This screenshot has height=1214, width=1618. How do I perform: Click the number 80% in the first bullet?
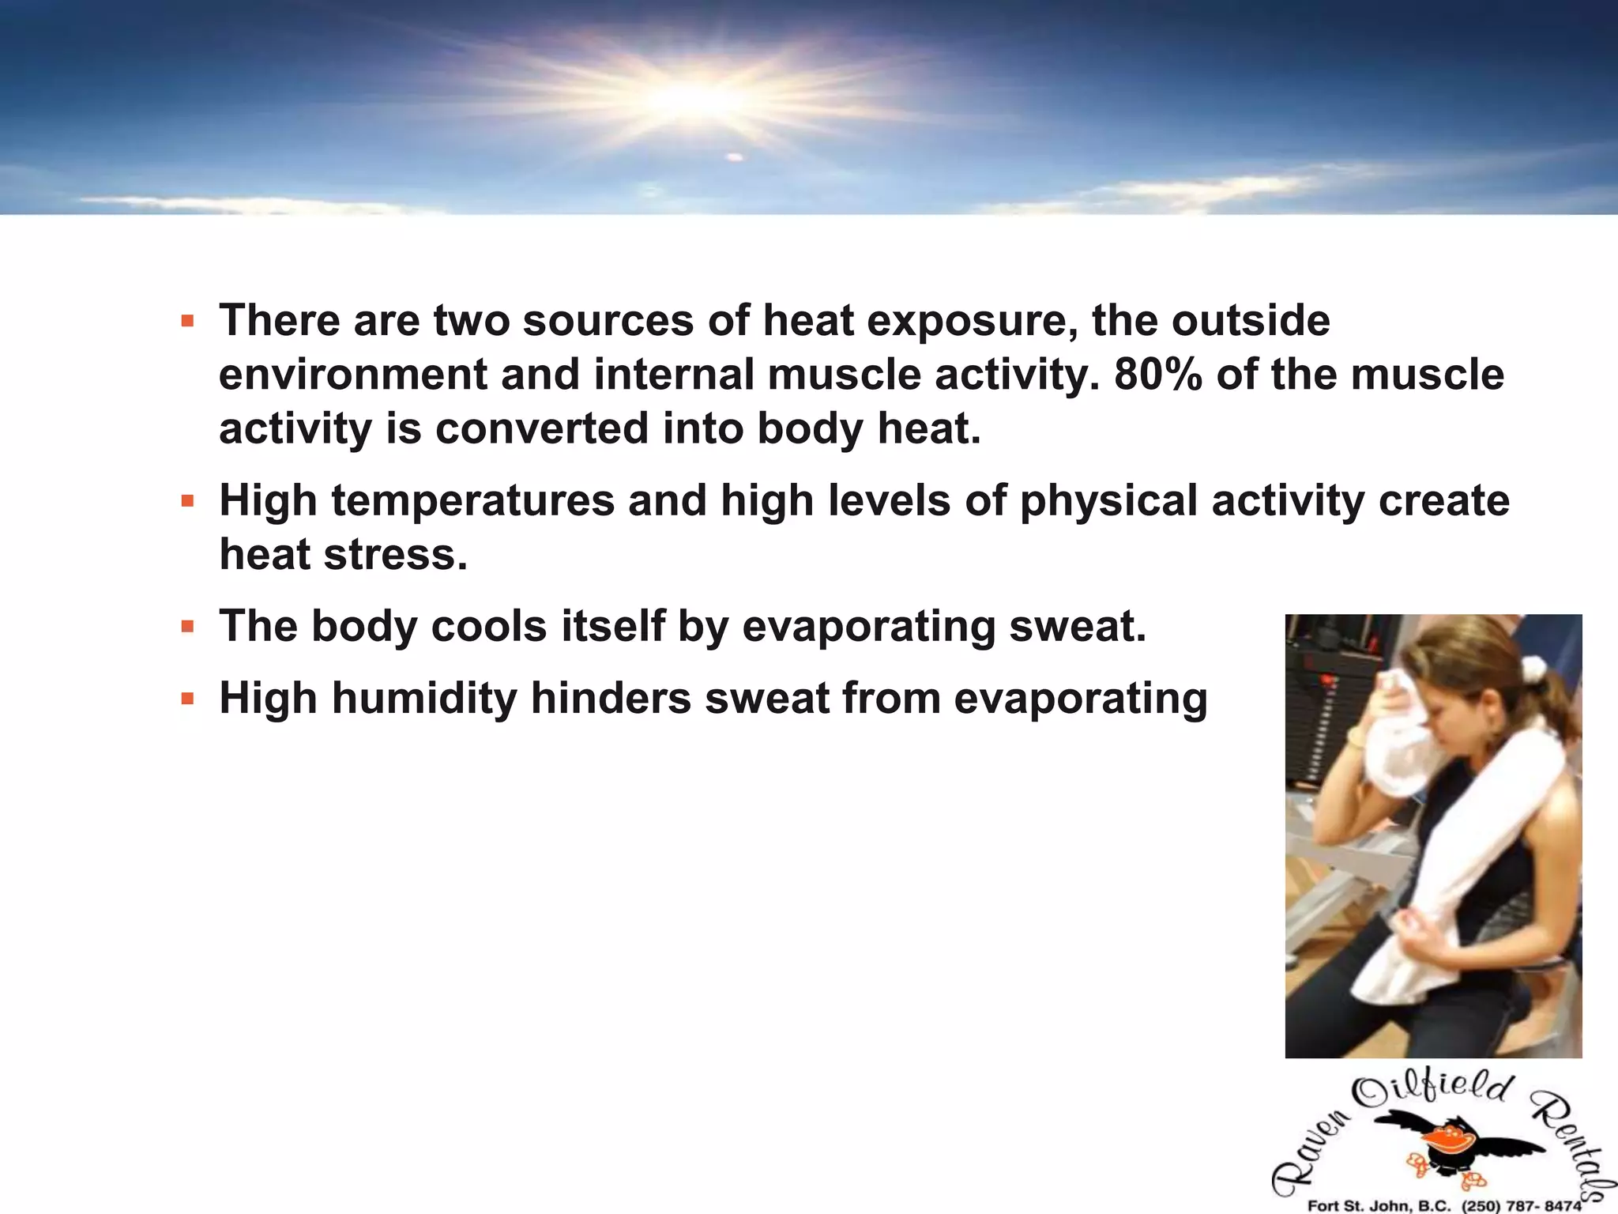[x=1157, y=375]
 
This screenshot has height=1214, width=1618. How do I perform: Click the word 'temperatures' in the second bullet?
[x=472, y=501]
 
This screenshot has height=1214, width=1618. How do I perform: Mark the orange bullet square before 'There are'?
[x=187, y=322]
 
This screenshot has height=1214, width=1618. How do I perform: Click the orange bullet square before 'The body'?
[x=187, y=628]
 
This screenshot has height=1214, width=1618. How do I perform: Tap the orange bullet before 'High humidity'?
[x=187, y=699]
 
